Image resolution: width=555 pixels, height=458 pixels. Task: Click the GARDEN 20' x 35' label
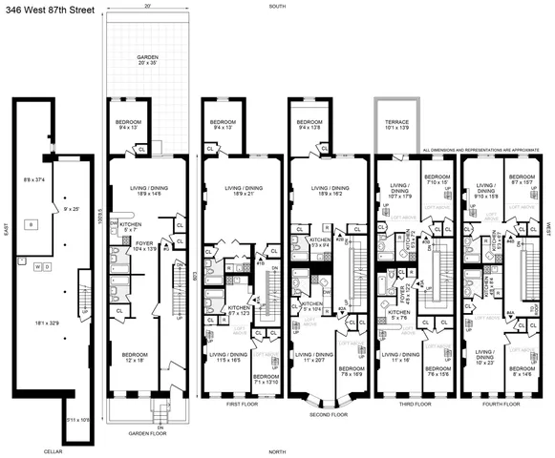point(147,60)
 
